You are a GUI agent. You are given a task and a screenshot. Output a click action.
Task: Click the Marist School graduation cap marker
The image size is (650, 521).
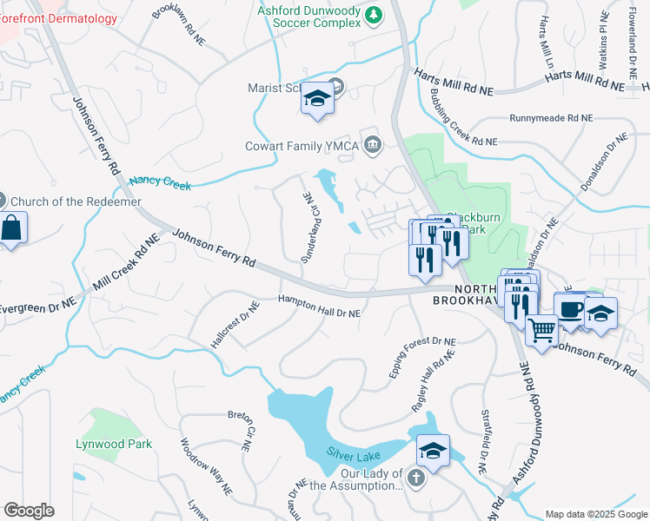318,100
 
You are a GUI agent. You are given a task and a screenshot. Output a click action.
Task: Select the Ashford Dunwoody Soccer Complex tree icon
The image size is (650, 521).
374,14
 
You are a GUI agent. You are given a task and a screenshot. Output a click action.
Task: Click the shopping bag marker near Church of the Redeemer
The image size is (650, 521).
12,229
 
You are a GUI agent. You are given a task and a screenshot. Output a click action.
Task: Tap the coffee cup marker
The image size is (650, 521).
572,310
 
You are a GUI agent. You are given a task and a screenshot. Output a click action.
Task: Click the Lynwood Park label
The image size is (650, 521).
114,444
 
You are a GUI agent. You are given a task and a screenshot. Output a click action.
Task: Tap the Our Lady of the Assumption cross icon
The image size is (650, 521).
417,478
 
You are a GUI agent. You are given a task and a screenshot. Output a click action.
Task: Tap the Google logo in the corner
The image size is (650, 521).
29,510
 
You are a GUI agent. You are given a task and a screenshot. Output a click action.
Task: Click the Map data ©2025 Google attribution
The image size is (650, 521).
595,514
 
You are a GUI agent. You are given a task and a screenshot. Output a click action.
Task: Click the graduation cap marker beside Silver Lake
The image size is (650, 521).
432,450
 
